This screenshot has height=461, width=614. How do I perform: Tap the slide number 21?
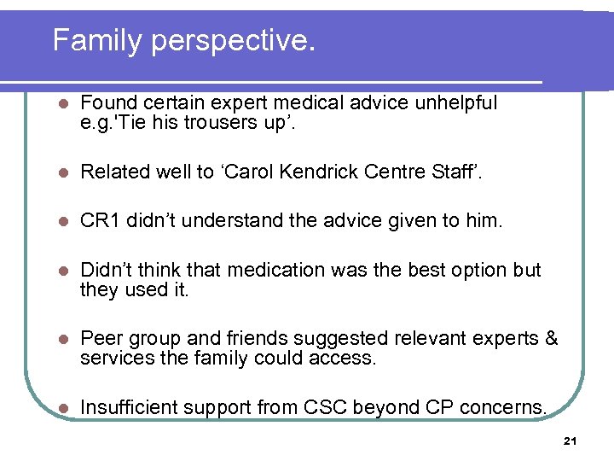coord(571,441)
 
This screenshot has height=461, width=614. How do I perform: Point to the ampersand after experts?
coord(551,339)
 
